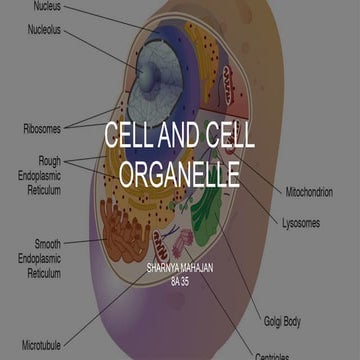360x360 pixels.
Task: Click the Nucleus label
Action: point(46,6)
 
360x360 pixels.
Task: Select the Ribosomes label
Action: point(42,128)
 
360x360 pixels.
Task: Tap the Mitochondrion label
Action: point(309,191)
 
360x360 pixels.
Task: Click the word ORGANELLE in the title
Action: point(180,173)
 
